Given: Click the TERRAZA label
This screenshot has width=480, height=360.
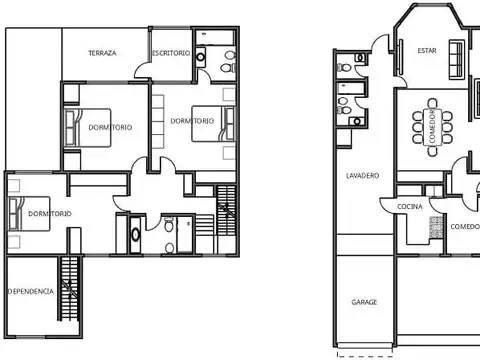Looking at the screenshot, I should pos(103,53).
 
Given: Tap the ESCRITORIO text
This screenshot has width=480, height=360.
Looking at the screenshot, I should pos(171,52).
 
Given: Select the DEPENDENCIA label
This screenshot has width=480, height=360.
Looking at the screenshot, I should pos(30,291).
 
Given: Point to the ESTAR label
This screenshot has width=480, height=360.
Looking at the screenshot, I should pos(427,49).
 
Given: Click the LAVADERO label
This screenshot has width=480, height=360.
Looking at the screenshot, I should pos(362,176).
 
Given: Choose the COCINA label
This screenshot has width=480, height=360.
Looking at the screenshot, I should pos(410,206).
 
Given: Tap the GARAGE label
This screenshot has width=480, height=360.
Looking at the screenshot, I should pos(364,301).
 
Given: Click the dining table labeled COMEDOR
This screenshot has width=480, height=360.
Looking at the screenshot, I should pos(432,128).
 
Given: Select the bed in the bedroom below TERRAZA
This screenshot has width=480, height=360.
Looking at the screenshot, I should pos(76,127).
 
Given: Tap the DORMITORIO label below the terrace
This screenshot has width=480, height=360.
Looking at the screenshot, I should pos(108,127).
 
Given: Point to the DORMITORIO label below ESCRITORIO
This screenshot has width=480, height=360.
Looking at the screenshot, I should pos(192,121).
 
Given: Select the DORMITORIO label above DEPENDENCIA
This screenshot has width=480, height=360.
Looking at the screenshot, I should pos(49,214).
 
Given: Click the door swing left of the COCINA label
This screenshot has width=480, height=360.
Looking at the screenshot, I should pos(388,207).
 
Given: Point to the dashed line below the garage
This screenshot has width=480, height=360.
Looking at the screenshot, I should pos(364,354).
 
